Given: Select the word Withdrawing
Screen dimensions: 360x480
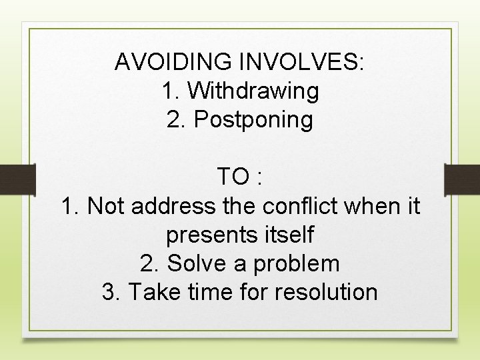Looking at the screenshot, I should pyautogui.click(x=253, y=91).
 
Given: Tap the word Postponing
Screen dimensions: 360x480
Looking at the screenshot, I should pyautogui.click(x=253, y=121).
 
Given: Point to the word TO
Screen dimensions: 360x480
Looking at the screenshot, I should pyautogui.click(x=233, y=177).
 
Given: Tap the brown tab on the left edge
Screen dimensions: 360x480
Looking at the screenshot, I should pyautogui.click(x=17, y=180).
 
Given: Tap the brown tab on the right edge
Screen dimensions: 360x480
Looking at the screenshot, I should pyautogui.click(x=462, y=180).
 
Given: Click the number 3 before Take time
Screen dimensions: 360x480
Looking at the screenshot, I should pyautogui.click(x=108, y=292).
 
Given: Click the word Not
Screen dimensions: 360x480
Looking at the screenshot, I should pyautogui.click(x=107, y=206).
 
